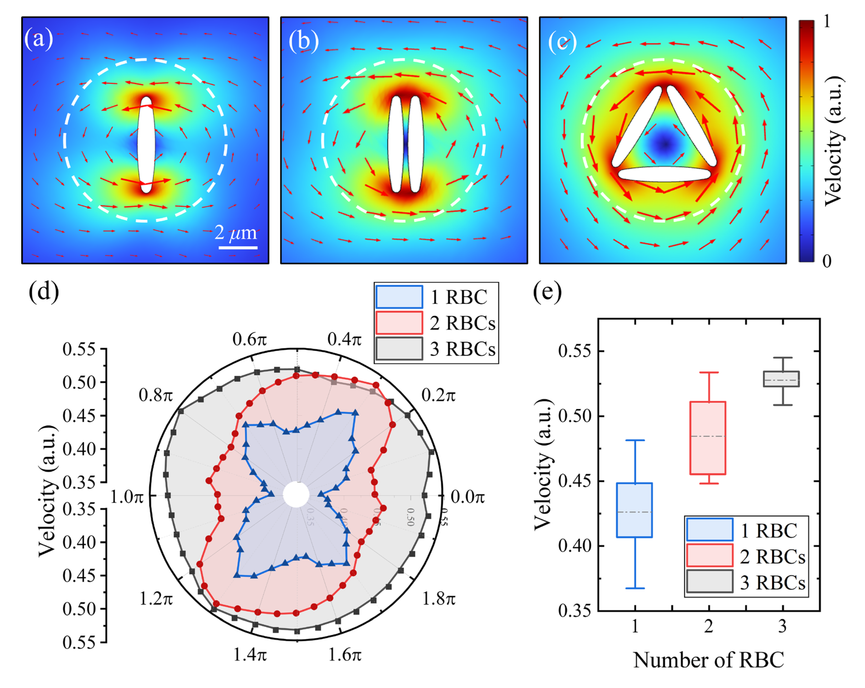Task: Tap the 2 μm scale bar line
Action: pyautogui.click(x=238, y=247)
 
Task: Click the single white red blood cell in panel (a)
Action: pyautogui.click(x=146, y=144)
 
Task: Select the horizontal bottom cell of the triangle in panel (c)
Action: pyautogui.click(x=664, y=174)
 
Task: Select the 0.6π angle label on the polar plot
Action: pyautogui.click(x=249, y=339)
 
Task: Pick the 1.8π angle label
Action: pyautogui.click(x=439, y=599)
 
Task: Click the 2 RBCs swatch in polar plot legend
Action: pyautogui.click(x=399, y=323)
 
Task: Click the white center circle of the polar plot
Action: pyautogui.click(x=296, y=495)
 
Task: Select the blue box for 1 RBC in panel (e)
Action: pyautogui.click(x=634, y=510)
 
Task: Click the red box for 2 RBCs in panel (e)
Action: pyautogui.click(x=708, y=438)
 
